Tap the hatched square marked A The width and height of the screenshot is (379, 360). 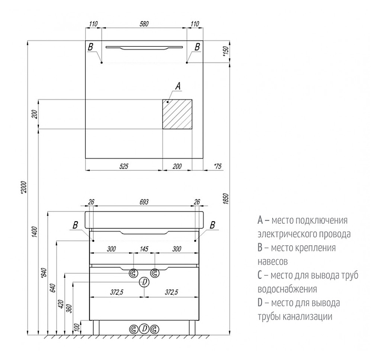click(x=177, y=114)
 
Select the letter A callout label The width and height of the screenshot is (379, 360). click(x=177, y=86)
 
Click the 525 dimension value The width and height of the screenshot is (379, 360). click(x=124, y=166)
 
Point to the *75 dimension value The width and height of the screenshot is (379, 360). click(x=218, y=166)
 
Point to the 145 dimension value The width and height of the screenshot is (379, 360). click(x=144, y=249)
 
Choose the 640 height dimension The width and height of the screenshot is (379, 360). click(x=52, y=288)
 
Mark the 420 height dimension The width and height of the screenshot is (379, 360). click(x=61, y=304)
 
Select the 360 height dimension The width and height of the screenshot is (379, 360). click(x=69, y=308)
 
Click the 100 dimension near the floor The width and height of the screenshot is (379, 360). click(x=77, y=327)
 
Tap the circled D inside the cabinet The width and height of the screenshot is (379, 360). click(x=144, y=283)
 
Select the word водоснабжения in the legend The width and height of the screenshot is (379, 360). click(x=287, y=289)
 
